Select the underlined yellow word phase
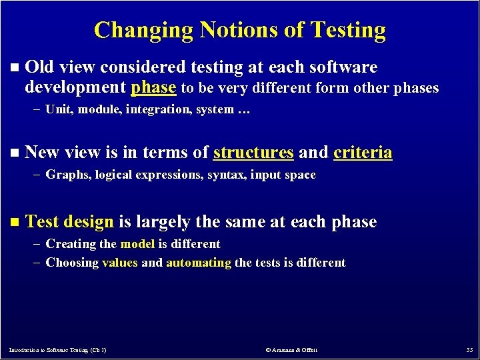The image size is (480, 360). [x=154, y=87]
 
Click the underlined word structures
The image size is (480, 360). [x=253, y=153]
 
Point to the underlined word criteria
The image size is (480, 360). [x=363, y=153]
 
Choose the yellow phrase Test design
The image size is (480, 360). [x=69, y=221]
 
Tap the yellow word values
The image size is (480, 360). [x=120, y=263]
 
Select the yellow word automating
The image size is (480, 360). [x=199, y=263]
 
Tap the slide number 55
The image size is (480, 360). [x=468, y=350]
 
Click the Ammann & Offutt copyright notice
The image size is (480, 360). [x=291, y=350]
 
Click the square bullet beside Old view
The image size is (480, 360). [x=15, y=68]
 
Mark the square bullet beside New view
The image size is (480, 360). [x=15, y=153]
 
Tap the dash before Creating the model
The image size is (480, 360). [x=37, y=244]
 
